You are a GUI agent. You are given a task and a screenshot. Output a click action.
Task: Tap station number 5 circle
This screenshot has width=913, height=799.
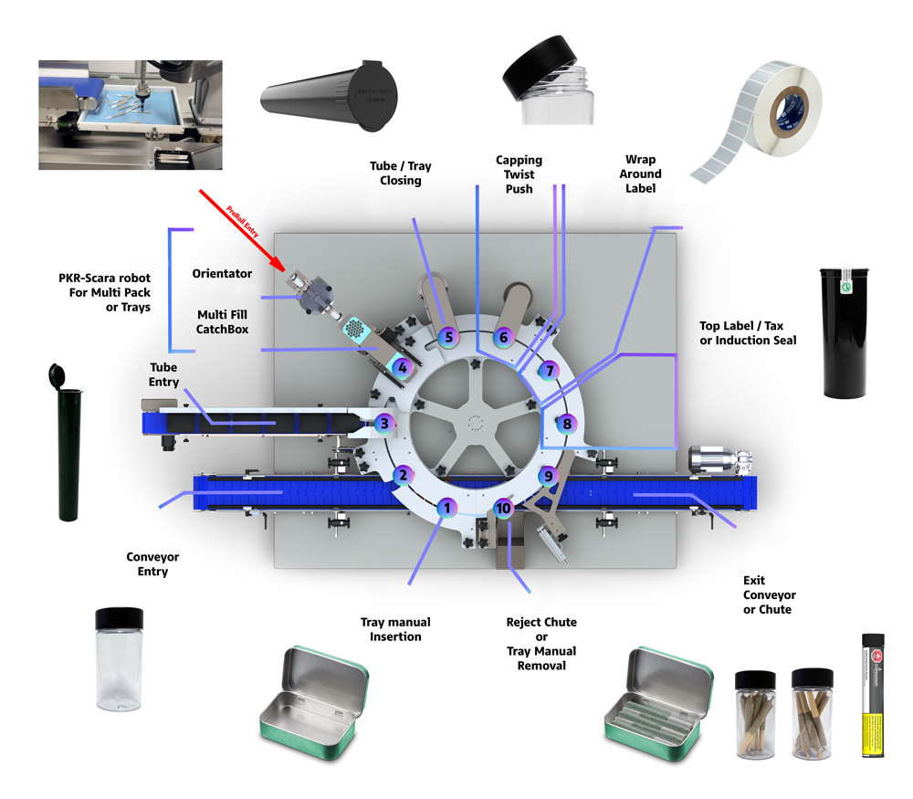[446, 337]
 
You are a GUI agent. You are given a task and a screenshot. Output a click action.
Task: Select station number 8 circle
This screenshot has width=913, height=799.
[567, 424]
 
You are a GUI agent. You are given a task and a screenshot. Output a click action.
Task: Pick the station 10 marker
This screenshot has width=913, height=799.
[503, 507]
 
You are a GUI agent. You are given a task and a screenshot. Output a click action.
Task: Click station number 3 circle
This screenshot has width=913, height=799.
[385, 424]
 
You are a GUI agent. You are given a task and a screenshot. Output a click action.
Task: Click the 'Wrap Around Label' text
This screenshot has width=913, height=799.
[641, 173]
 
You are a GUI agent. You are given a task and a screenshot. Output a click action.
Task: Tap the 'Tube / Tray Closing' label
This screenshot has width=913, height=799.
[401, 173]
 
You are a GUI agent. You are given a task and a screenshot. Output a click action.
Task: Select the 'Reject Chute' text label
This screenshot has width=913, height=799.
[540, 622]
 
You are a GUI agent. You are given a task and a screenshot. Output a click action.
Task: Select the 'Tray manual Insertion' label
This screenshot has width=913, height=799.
[395, 629]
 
